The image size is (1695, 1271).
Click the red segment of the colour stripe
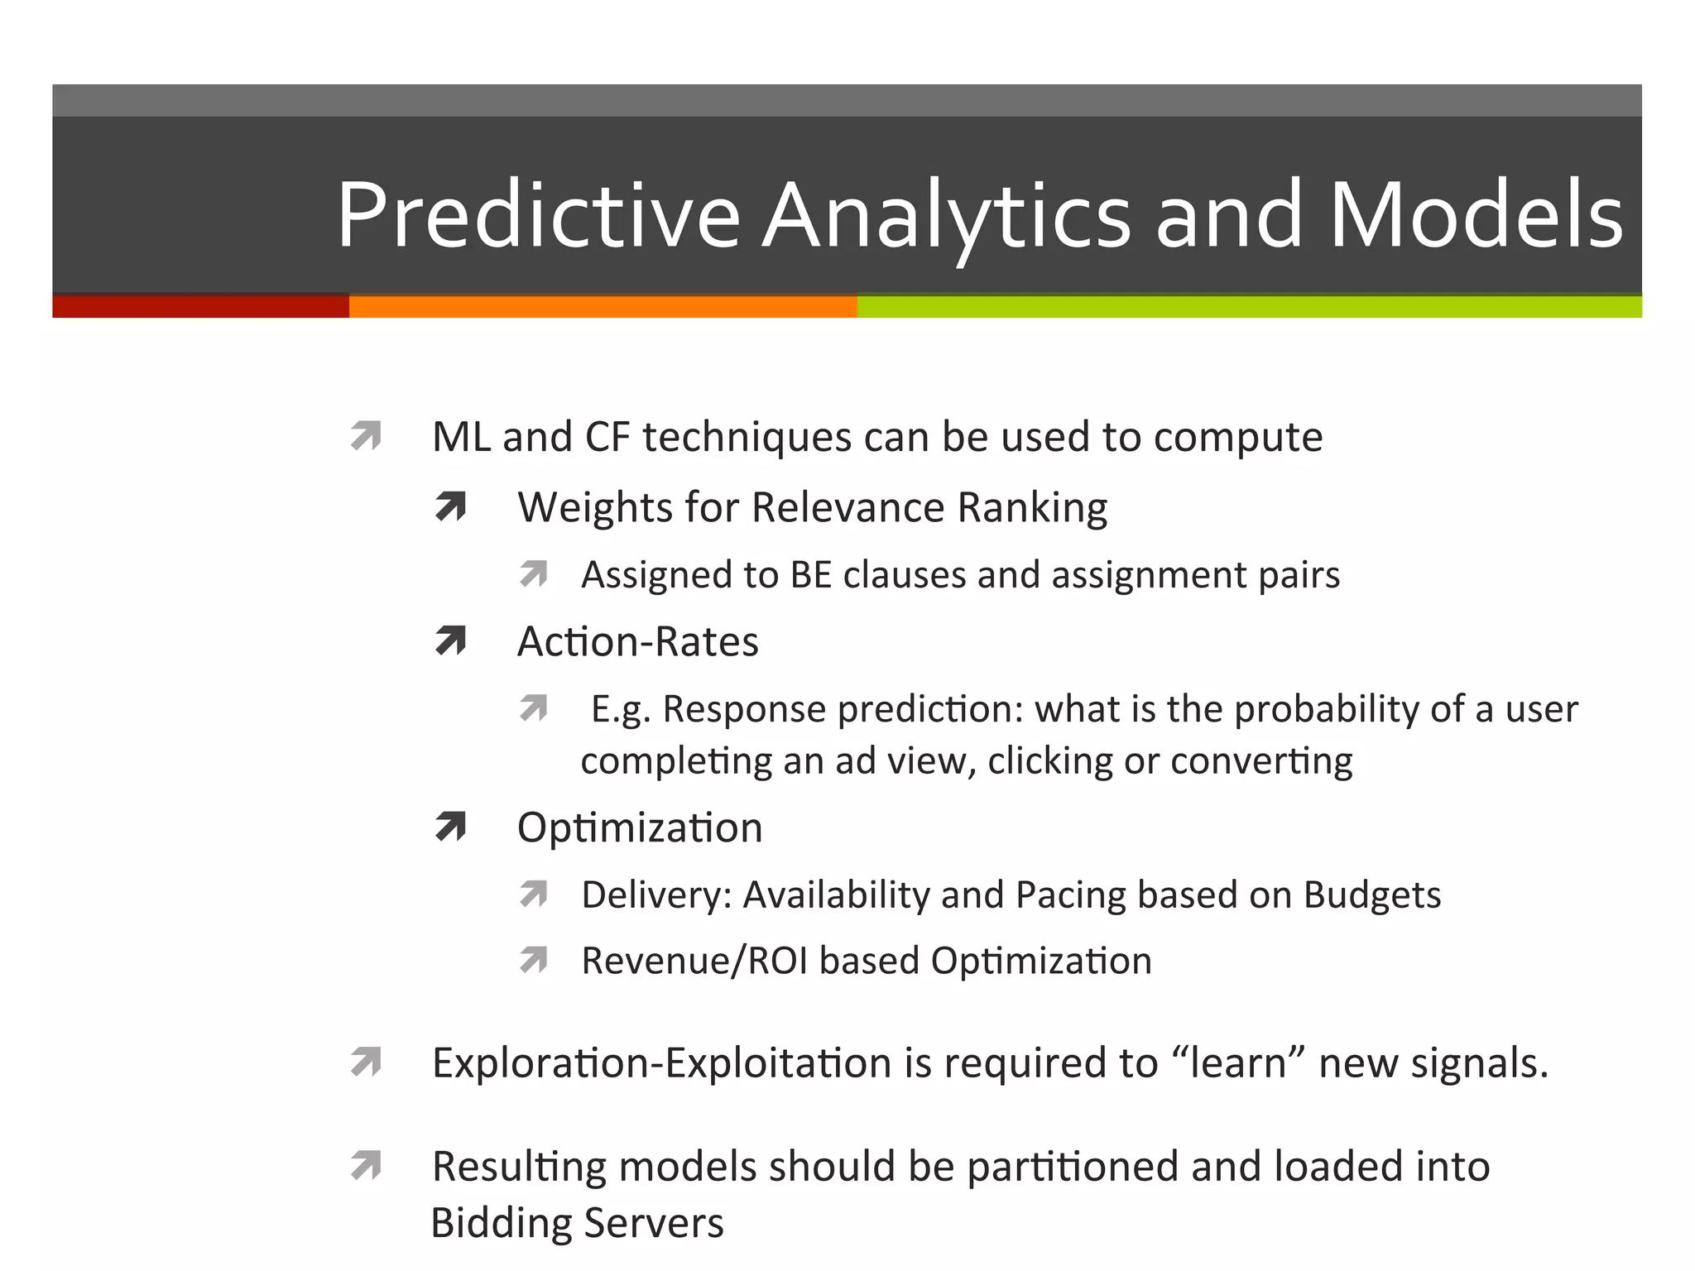point(200,307)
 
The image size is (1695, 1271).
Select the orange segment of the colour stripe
point(603,307)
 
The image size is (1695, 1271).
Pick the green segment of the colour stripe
point(1248,307)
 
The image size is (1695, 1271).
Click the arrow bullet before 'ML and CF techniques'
point(366,436)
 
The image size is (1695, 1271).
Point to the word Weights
point(595,507)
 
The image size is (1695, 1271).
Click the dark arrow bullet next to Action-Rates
point(451,641)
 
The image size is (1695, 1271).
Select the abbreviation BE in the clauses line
point(810,575)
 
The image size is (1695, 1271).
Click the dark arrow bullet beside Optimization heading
point(451,827)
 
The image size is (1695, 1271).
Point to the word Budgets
point(1372,895)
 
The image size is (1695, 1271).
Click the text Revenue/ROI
point(694,962)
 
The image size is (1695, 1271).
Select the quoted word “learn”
point(1239,1063)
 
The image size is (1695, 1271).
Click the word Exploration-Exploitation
point(661,1063)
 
